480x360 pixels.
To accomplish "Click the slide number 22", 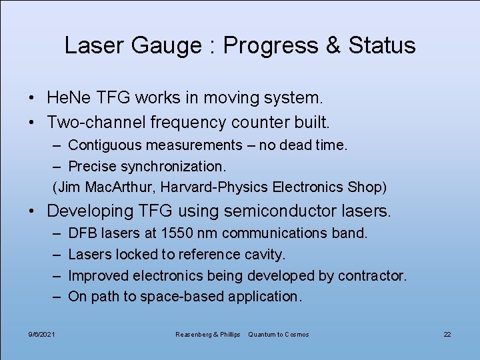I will click(x=447, y=334).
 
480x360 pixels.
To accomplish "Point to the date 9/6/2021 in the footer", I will click(x=41, y=334).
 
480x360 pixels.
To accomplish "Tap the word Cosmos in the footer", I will click(x=295, y=334).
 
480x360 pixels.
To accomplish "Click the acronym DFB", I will click(x=83, y=233).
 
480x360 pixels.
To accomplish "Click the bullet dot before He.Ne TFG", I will click(x=33, y=99).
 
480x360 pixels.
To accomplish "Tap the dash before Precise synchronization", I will click(x=58, y=166).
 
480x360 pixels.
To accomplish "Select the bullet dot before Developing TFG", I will click(x=33, y=211).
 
